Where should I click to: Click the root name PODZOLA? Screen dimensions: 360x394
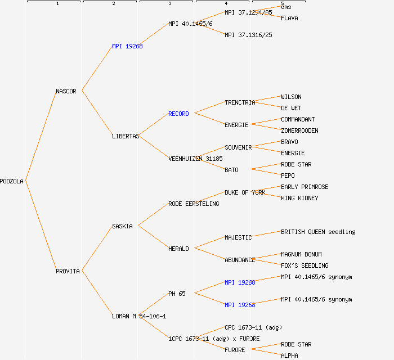click(12, 181)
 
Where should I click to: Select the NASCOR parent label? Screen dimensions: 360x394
click(66, 91)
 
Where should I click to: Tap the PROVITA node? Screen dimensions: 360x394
click(68, 271)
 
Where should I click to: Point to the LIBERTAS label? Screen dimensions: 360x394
click(126, 136)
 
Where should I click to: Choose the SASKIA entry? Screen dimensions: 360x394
click(122, 226)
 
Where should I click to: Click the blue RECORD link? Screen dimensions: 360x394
click(178, 114)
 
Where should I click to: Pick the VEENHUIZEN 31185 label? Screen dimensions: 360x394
click(195, 159)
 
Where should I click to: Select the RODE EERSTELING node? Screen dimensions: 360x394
click(194, 204)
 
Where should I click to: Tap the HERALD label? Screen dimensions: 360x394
click(178, 249)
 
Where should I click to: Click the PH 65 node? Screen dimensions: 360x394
click(177, 294)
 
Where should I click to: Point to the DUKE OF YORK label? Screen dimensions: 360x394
click(245, 192)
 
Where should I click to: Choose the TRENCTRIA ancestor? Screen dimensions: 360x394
click(240, 102)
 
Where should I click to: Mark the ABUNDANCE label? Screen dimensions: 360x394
click(240, 260)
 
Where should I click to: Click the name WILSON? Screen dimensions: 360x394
click(291, 97)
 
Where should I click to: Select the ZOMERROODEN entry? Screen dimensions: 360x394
click(299, 130)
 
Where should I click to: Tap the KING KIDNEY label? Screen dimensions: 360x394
click(299, 198)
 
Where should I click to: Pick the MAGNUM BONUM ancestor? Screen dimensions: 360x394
click(301, 254)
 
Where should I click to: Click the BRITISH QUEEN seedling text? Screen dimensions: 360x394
click(318, 232)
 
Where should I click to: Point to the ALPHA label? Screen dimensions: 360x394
click(289, 355)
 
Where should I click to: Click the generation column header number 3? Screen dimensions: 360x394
click(169, 4)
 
